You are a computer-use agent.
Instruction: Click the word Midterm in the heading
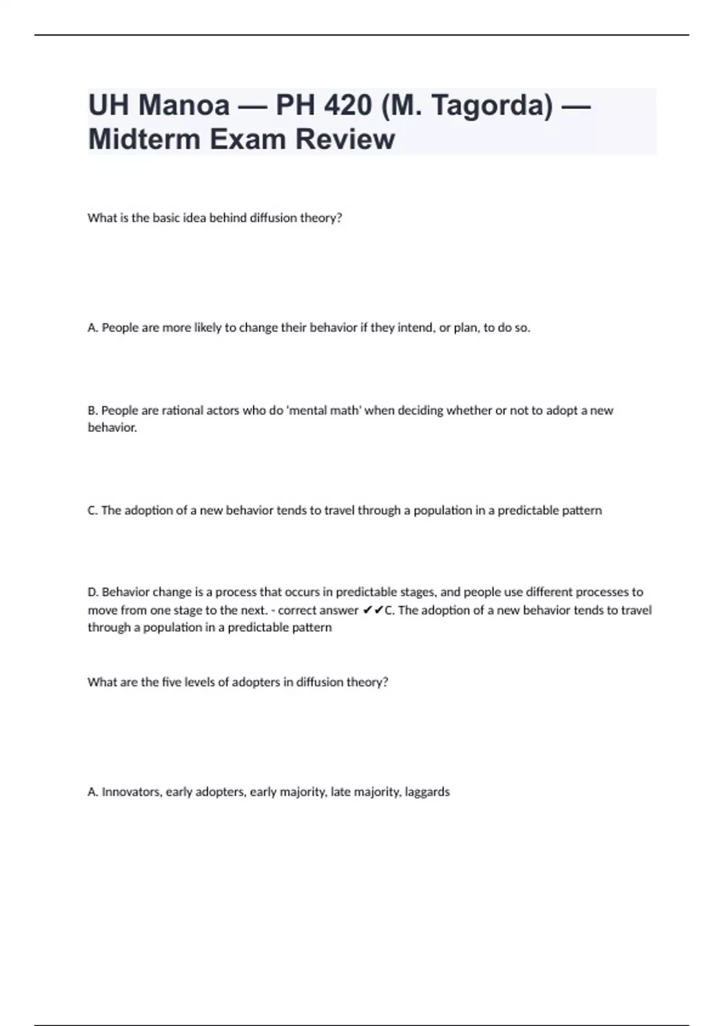(x=144, y=139)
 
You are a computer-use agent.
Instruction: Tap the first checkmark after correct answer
(x=367, y=610)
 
